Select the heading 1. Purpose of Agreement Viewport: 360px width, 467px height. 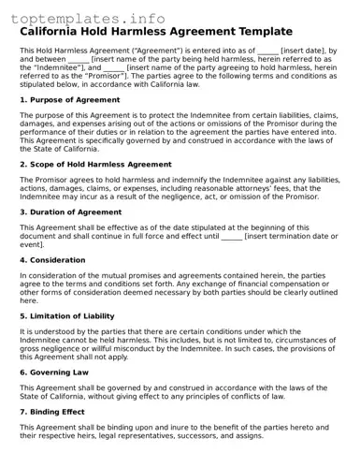tap(69, 99)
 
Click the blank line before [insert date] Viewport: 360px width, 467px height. tap(267, 50)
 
